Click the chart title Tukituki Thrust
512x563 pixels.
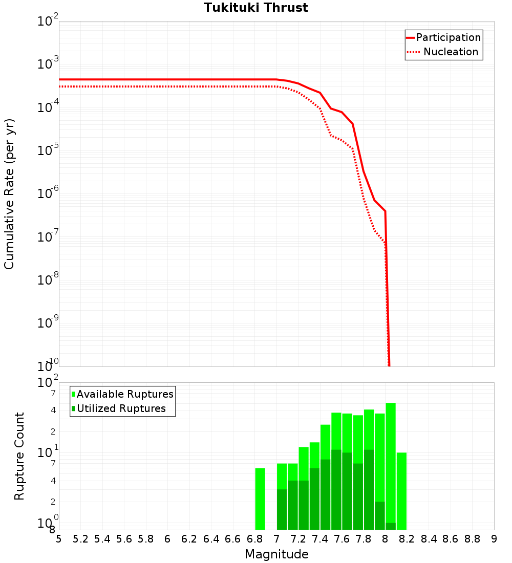tap(255, 8)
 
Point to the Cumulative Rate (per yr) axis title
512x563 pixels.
tap(9, 194)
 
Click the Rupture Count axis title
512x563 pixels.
tap(19, 456)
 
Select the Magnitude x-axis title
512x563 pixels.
tap(276, 554)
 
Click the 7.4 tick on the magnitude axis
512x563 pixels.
tap(320, 539)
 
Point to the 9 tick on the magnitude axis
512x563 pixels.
tap(494, 539)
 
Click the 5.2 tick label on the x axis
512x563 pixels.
tap(81, 539)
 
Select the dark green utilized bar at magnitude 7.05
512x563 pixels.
tap(282, 510)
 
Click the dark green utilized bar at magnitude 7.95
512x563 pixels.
tap(379, 516)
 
